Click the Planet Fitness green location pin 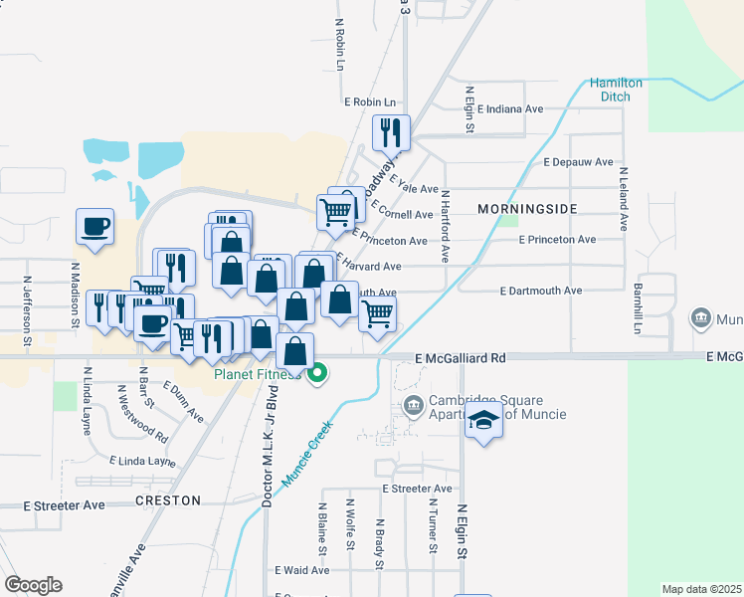point(318,374)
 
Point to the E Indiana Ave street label point(510,109)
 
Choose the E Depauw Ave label point(576,161)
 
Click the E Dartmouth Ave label point(540,291)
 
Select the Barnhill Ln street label point(637,307)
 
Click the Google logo point(33,585)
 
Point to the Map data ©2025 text point(701,589)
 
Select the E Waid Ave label point(301,570)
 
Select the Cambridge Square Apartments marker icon point(414,406)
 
